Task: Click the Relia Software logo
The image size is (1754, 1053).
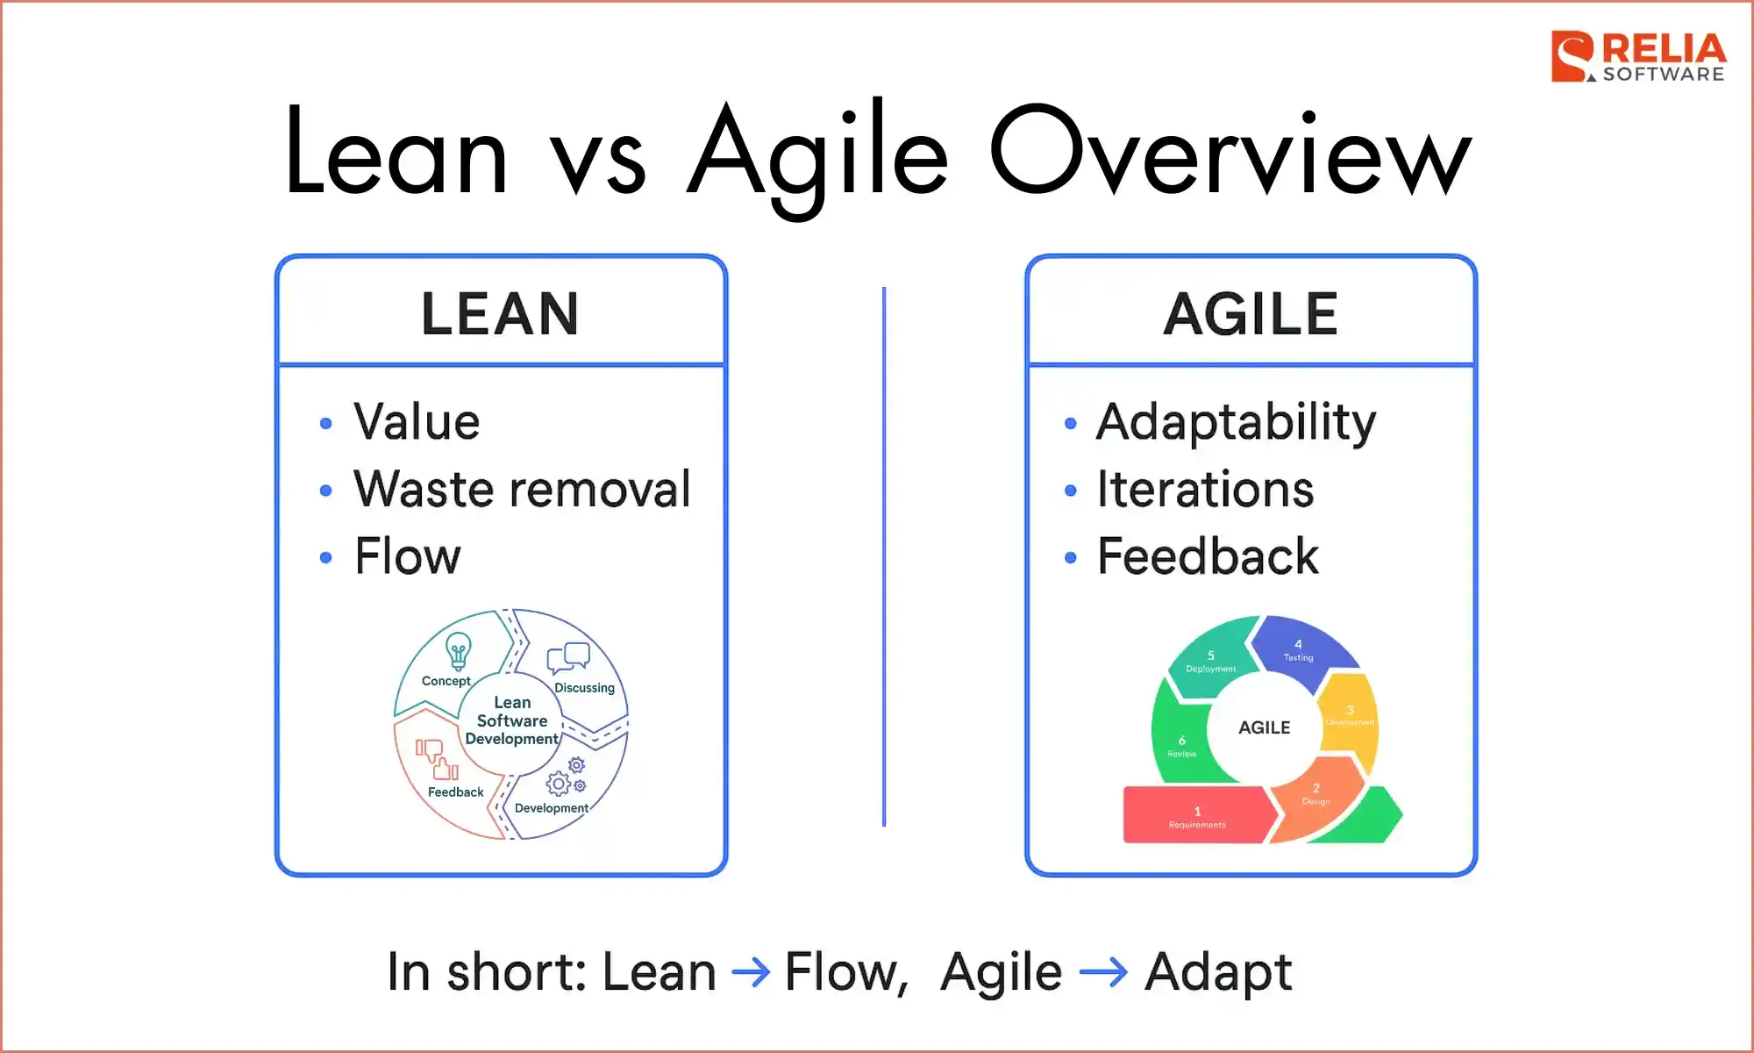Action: tap(1636, 57)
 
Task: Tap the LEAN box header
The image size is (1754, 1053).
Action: tap(500, 313)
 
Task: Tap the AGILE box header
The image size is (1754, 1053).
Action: tap(1251, 313)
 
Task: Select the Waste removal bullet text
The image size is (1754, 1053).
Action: tap(522, 490)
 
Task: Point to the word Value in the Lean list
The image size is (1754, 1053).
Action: tap(417, 422)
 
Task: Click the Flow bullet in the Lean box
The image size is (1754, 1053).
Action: tap(407, 556)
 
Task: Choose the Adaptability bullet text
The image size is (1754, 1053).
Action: tap(1236, 423)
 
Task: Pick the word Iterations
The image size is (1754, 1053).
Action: tap(1205, 490)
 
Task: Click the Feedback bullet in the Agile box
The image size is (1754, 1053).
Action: tap(1208, 556)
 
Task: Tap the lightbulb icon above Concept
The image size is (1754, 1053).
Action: tap(458, 651)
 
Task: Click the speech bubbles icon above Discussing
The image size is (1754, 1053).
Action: tap(568, 657)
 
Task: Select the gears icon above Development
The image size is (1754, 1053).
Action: tap(566, 777)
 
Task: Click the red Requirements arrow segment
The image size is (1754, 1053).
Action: tap(1196, 815)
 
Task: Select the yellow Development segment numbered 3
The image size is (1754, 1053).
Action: tap(1350, 714)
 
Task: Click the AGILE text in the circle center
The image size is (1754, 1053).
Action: tap(1264, 727)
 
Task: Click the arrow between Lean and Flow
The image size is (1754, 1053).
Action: tap(751, 972)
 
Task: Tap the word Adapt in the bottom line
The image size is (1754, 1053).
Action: tap(1217, 972)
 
